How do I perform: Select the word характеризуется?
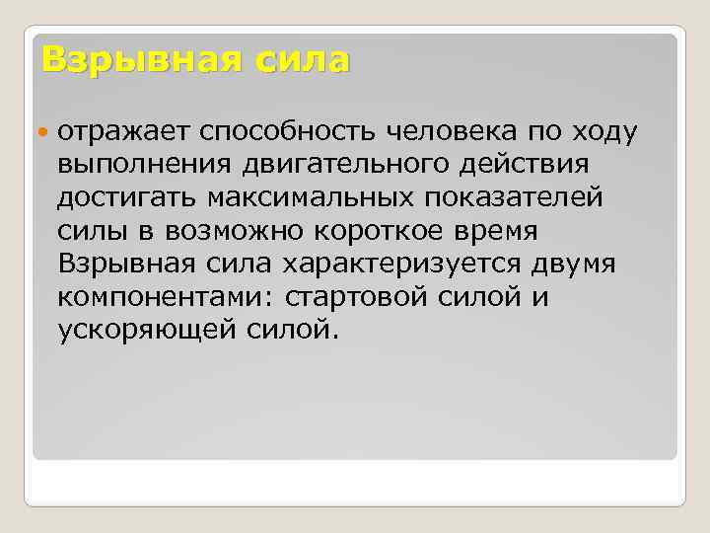(401, 265)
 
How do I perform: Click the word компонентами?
(151, 297)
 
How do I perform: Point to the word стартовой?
(351, 297)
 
